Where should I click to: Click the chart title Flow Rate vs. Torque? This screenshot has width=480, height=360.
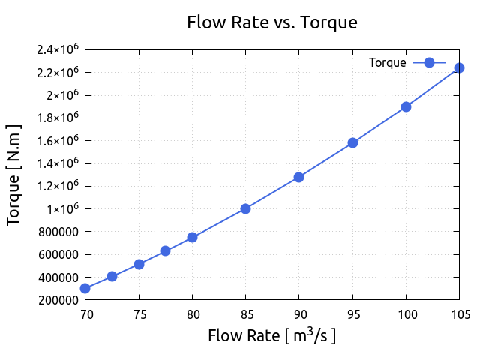(271, 22)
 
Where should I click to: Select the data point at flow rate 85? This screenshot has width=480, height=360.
(245, 208)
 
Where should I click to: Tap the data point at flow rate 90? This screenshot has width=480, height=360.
(298, 177)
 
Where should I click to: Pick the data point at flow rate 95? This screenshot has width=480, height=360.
(352, 142)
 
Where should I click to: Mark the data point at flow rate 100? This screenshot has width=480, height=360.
(406, 106)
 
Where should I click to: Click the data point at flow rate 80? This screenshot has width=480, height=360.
(192, 237)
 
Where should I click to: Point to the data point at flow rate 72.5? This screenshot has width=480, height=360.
(112, 276)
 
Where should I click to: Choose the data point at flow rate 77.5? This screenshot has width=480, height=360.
(165, 250)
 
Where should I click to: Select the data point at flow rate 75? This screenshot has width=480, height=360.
(139, 264)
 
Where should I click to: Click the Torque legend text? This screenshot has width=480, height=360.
(387, 63)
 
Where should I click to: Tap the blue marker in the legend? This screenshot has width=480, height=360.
(429, 63)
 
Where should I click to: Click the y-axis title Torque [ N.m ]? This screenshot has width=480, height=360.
(13, 175)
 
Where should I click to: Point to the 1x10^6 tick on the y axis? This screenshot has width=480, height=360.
(59, 209)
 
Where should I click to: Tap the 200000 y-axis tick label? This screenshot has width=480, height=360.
(59, 300)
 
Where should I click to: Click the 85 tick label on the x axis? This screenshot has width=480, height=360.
(245, 314)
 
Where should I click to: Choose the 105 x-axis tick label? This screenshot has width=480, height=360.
(459, 314)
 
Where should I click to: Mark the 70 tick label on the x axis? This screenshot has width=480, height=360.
(85, 314)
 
